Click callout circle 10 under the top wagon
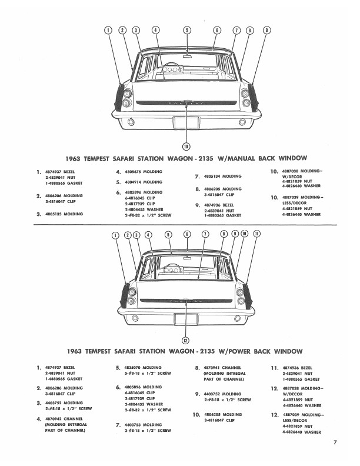pyautogui.click(x=186, y=147)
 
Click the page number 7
pyautogui.click(x=334, y=442)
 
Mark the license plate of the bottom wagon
pyautogui.click(x=186, y=319)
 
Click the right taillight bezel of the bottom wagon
pyautogui.click(x=248, y=295)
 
